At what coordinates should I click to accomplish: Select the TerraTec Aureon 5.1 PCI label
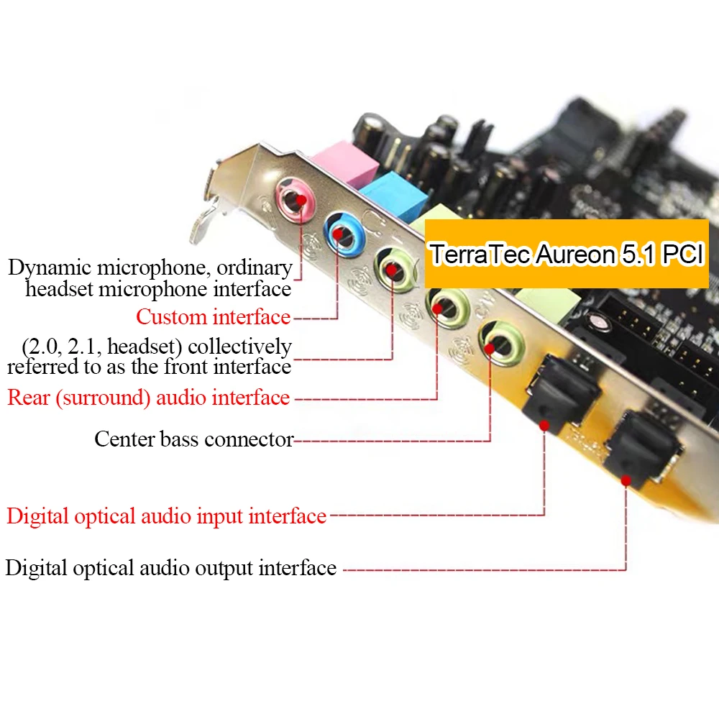pyautogui.click(x=567, y=255)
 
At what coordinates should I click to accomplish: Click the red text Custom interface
pyautogui.click(x=214, y=316)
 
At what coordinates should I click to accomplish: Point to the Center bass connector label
pyautogui.click(x=193, y=439)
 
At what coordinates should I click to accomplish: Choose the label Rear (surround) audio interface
pyautogui.click(x=149, y=398)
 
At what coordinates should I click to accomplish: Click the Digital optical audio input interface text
pyautogui.click(x=166, y=516)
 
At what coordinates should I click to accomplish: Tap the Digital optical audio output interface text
pyautogui.click(x=171, y=568)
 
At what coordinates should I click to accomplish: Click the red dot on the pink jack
pyautogui.click(x=302, y=200)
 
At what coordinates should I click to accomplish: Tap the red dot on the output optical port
pyautogui.click(x=626, y=479)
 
